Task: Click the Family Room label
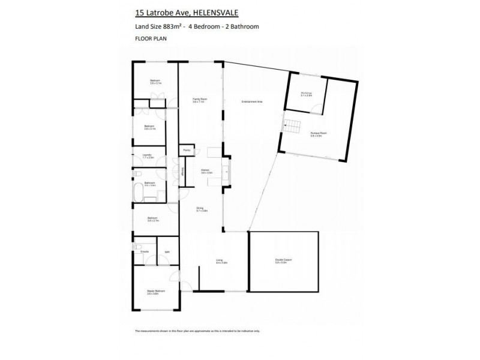point(199,100)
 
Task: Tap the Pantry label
point(187,150)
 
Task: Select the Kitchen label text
point(205,171)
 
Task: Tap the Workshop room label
point(306,94)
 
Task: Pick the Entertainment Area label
point(251,101)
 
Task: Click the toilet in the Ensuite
point(137,247)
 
